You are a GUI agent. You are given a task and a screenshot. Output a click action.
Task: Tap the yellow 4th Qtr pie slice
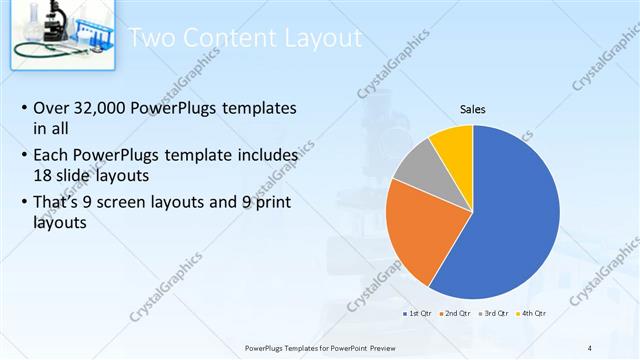453,147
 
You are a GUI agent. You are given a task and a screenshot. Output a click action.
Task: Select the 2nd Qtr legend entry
456,313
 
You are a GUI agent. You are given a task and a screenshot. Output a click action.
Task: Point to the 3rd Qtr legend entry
495,313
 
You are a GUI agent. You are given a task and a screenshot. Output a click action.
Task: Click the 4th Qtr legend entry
532,313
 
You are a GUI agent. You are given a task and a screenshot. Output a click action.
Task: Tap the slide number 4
590,347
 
